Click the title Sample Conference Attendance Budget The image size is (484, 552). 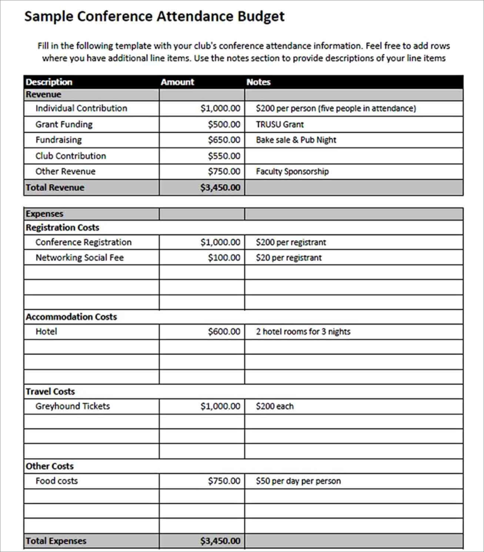[x=154, y=16]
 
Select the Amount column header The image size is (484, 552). [x=177, y=82]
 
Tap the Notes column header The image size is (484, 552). [x=258, y=82]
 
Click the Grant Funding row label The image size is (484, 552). [x=64, y=124]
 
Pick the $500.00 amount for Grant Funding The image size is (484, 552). [x=224, y=124]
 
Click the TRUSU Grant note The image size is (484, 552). [x=279, y=124]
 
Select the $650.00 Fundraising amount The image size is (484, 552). [x=224, y=140]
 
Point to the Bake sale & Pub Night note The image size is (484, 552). [x=296, y=140]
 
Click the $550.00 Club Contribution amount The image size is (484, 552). [x=224, y=156]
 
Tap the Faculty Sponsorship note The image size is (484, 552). [x=292, y=171]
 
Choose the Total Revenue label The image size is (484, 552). [x=55, y=187]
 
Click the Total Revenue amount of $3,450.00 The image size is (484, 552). [x=220, y=187]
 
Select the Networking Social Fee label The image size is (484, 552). [x=79, y=257]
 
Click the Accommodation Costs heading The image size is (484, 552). [x=71, y=317]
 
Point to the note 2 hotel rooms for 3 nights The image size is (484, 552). [x=302, y=331]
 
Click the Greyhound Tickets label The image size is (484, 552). [x=72, y=406]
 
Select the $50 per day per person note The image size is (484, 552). [x=298, y=481]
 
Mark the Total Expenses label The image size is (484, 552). [x=56, y=541]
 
